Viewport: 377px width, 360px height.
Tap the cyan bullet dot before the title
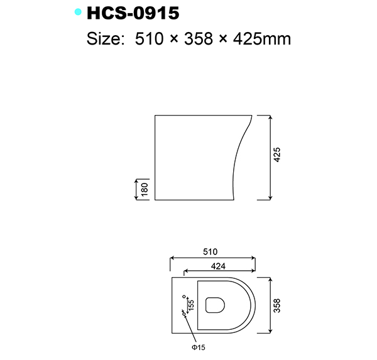click(x=77, y=12)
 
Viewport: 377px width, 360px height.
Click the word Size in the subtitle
click(x=103, y=39)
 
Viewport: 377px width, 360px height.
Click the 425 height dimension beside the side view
click(x=277, y=155)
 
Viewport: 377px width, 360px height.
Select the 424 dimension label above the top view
click(x=218, y=266)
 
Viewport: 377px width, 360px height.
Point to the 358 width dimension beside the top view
click(x=277, y=305)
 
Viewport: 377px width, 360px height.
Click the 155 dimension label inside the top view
click(x=191, y=305)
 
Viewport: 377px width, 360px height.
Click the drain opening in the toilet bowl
click(x=214, y=305)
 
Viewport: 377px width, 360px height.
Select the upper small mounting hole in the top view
click(x=184, y=296)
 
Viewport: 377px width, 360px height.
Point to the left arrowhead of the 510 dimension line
click(x=173, y=258)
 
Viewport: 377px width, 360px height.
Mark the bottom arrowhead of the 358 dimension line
click(x=270, y=331)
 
